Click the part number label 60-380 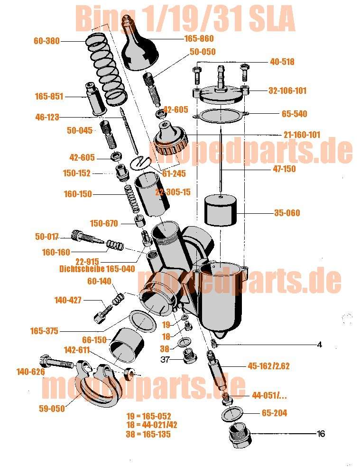[x=46, y=41]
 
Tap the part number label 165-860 [x=199, y=38]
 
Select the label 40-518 [x=282, y=62]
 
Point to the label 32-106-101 [x=287, y=91]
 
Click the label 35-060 [x=287, y=213]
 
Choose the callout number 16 [x=321, y=434]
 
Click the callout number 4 [x=320, y=344]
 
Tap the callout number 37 [x=165, y=359]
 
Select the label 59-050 [x=52, y=409]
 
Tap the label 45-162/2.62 [x=268, y=366]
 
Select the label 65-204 [x=274, y=413]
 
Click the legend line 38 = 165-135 [x=148, y=434]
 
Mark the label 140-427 [x=68, y=300]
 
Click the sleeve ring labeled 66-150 [x=126, y=345]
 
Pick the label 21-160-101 [x=302, y=135]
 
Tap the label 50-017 [x=47, y=237]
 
